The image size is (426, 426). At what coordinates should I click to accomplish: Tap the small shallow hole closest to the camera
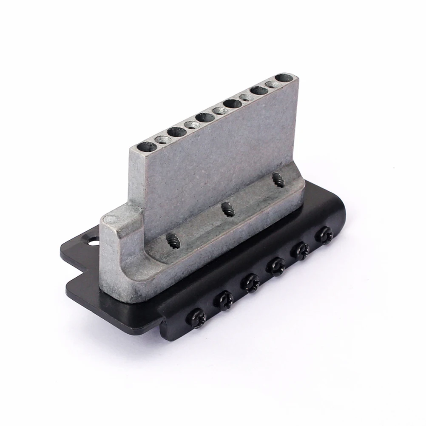pos(162,139)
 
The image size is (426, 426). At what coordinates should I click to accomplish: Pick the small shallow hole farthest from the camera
pos(271,85)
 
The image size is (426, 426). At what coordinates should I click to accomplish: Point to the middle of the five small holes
pos(219,111)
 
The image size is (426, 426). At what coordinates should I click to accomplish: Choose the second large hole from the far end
pos(258,90)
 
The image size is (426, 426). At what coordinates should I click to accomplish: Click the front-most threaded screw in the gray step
pos(173,241)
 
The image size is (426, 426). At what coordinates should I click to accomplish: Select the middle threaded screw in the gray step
pos(228,209)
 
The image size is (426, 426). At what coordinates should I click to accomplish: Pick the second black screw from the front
pos(224,300)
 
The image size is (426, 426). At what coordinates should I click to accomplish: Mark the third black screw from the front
pos(250,282)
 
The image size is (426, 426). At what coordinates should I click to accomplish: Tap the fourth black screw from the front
pos(275,267)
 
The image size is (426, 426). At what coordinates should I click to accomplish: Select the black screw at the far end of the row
pos(325,234)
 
